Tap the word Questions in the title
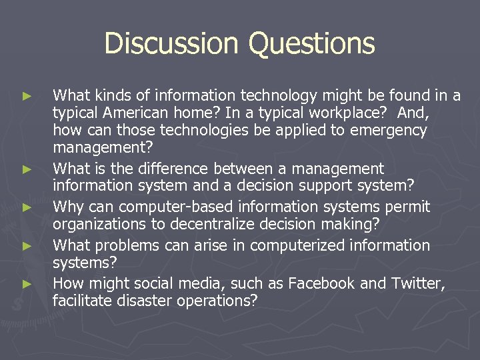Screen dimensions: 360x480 [x=312, y=44]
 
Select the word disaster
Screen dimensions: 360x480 [x=142, y=301]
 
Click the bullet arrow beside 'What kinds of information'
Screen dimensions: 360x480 [x=26, y=96]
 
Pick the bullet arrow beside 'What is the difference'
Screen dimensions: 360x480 [x=26, y=170]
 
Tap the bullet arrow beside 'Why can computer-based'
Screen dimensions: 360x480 [x=26, y=207]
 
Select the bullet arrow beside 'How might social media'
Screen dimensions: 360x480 [x=26, y=284]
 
